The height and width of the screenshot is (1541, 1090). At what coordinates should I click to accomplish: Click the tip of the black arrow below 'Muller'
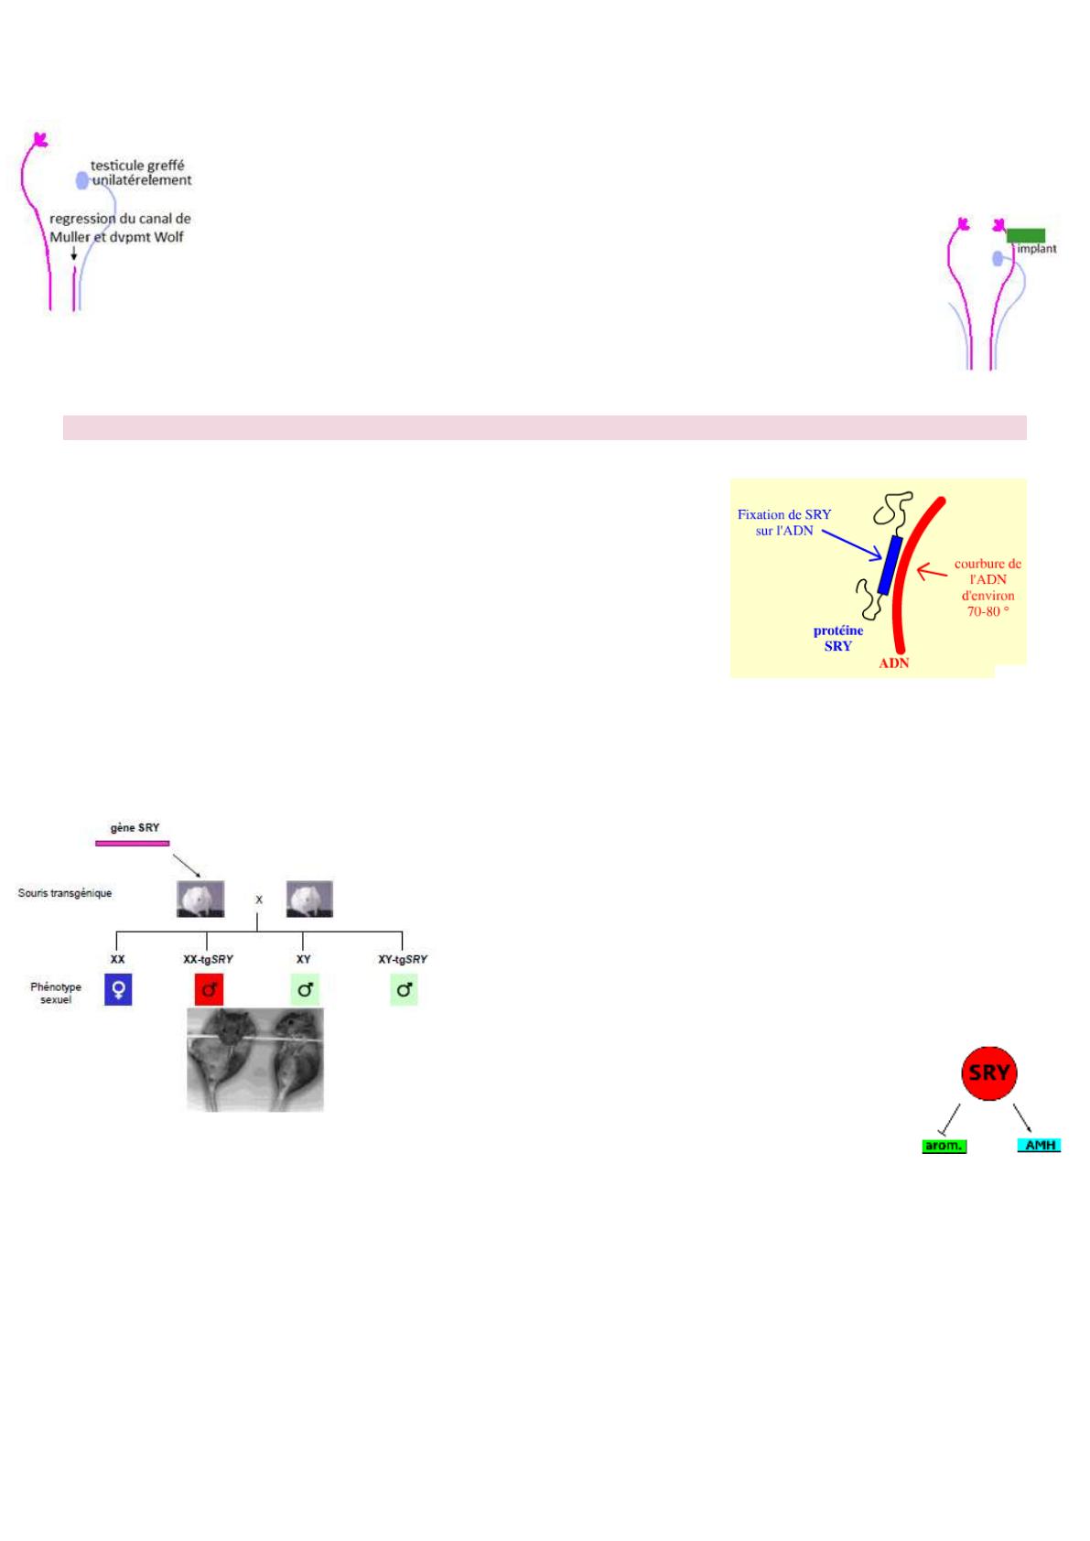(x=73, y=260)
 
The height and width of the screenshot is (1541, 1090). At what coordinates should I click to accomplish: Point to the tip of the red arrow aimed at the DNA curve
(x=917, y=570)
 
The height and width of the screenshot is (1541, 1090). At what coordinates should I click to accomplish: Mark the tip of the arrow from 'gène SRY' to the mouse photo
(x=200, y=878)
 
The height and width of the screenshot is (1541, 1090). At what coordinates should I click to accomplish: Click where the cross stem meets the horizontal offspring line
(x=257, y=932)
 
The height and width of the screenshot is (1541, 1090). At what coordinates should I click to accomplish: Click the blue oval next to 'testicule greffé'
(x=81, y=180)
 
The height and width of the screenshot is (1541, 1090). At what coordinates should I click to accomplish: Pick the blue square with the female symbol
(x=118, y=989)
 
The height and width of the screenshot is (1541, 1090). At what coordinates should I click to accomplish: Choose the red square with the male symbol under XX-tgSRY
(x=210, y=989)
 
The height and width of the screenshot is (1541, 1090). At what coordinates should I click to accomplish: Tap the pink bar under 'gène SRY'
(x=132, y=843)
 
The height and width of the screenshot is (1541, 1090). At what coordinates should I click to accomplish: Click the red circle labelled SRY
(x=988, y=1072)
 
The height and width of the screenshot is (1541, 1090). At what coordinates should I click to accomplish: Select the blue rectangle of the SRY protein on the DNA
(x=890, y=565)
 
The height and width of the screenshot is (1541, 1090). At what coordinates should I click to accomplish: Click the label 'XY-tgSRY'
(x=403, y=959)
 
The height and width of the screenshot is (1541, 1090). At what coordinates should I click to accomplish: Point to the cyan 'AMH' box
(x=1039, y=1145)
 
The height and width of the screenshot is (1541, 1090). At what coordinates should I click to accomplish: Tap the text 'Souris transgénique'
(x=65, y=893)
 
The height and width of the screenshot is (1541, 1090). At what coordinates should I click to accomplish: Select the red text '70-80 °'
(x=987, y=611)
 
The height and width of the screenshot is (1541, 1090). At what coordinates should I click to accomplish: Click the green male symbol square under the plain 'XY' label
(x=305, y=989)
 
